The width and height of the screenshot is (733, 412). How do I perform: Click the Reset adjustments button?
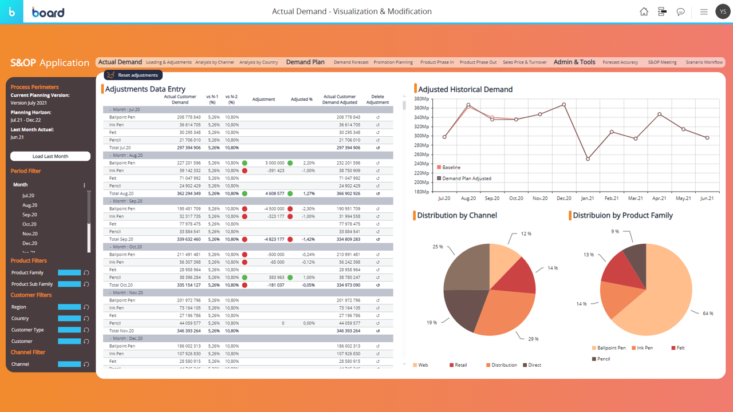pos(133,75)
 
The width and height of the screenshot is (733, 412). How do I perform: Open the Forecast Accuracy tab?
pos(620,62)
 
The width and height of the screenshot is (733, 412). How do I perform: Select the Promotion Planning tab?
pos(393,62)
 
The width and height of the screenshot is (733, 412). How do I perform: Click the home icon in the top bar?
pos(644,11)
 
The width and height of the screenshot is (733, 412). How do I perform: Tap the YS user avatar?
pos(723,11)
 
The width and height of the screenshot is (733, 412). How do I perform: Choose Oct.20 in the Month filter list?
pos(30,224)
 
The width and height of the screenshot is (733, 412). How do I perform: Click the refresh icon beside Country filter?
pos(86,319)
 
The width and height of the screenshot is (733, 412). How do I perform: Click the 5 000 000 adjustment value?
pos(274,163)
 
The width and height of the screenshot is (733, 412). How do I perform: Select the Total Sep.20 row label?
pos(121,239)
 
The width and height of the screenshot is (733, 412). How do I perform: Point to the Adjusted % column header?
pos(301,100)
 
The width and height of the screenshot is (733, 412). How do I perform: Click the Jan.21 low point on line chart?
pos(588,159)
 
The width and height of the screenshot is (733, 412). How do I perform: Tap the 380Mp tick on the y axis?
pos(421,98)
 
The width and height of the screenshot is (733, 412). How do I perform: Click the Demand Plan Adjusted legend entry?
pos(466,179)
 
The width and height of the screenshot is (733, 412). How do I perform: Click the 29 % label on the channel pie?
pos(533,339)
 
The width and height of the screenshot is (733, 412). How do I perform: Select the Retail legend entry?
pos(460,365)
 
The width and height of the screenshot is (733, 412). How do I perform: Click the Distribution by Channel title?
pos(457,216)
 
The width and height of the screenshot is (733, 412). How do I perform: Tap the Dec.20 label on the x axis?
pos(564,199)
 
